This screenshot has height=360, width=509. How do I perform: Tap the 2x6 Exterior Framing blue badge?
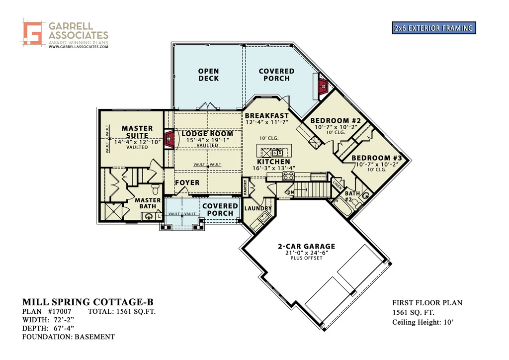coord(433,28)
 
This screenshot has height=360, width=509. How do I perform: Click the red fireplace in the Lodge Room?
coord(169,139)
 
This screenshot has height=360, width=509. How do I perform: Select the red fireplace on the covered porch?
coord(323,86)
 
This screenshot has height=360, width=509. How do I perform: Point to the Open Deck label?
coord(208,75)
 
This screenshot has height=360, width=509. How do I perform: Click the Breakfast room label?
coord(266,116)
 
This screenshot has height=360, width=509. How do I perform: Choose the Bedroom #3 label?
coord(380,158)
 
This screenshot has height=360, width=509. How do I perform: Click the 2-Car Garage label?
coord(306,246)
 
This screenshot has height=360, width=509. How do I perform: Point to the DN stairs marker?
coord(290,192)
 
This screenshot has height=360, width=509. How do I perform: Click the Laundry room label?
coord(258,208)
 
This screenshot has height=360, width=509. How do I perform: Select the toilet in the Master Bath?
coord(156,189)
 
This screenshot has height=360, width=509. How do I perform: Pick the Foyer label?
coord(187,182)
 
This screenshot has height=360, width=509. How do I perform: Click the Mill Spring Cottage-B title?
coord(87,302)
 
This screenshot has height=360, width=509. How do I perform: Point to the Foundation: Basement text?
coord(68,337)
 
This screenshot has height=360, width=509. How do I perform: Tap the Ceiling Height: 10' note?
coord(423,323)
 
